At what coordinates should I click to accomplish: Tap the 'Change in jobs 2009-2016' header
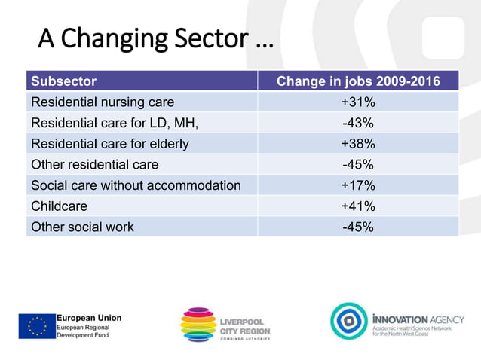[357, 81]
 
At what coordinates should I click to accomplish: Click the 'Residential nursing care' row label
[102, 102]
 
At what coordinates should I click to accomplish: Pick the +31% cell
[357, 102]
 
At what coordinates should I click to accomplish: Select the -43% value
[357, 123]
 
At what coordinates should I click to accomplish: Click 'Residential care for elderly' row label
[109, 143]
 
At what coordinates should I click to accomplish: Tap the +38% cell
[357, 143]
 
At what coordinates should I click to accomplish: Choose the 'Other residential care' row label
[94, 164]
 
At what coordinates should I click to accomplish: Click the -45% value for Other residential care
[357, 164]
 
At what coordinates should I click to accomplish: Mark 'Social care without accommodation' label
[135, 185]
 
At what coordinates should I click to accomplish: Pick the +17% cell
[357, 185]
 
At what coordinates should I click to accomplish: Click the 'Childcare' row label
[59, 206]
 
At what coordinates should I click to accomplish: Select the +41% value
[357, 206]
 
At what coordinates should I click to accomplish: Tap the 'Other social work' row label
[82, 227]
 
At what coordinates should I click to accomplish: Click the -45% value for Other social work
[357, 227]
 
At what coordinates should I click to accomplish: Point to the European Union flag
[37, 326]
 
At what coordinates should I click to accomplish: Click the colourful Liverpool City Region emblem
[198, 325]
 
